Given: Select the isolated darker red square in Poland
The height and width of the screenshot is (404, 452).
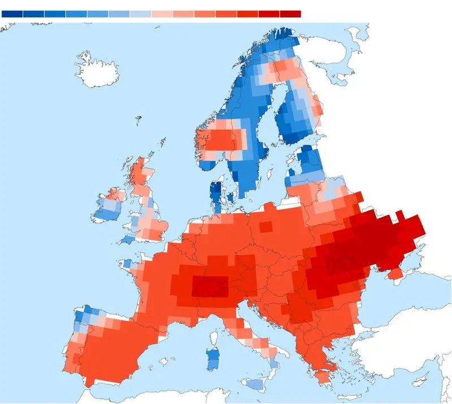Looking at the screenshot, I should [x=265, y=227].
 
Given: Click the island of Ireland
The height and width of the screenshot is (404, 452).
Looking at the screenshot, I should [x=108, y=207].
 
